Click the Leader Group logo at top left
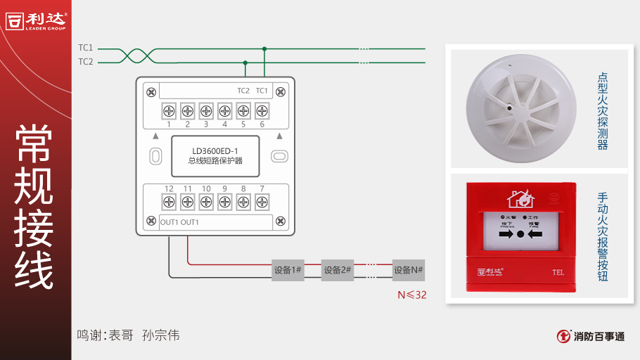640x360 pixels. click(37, 20)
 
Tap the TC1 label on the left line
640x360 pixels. click(86, 48)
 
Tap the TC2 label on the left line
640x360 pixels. click(86, 62)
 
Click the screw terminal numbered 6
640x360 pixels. click(262, 110)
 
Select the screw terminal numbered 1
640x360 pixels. click(169, 110)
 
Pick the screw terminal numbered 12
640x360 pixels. click(169, 202)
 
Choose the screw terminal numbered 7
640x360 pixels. click(262, 202)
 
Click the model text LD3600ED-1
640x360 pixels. click(215, 150)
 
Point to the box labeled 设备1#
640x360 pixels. click(288, 270)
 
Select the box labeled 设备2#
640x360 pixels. click(337, 270)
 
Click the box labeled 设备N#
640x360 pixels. click(409, 270)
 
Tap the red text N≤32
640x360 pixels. click(412, 295)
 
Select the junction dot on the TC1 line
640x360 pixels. click(264, 49)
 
